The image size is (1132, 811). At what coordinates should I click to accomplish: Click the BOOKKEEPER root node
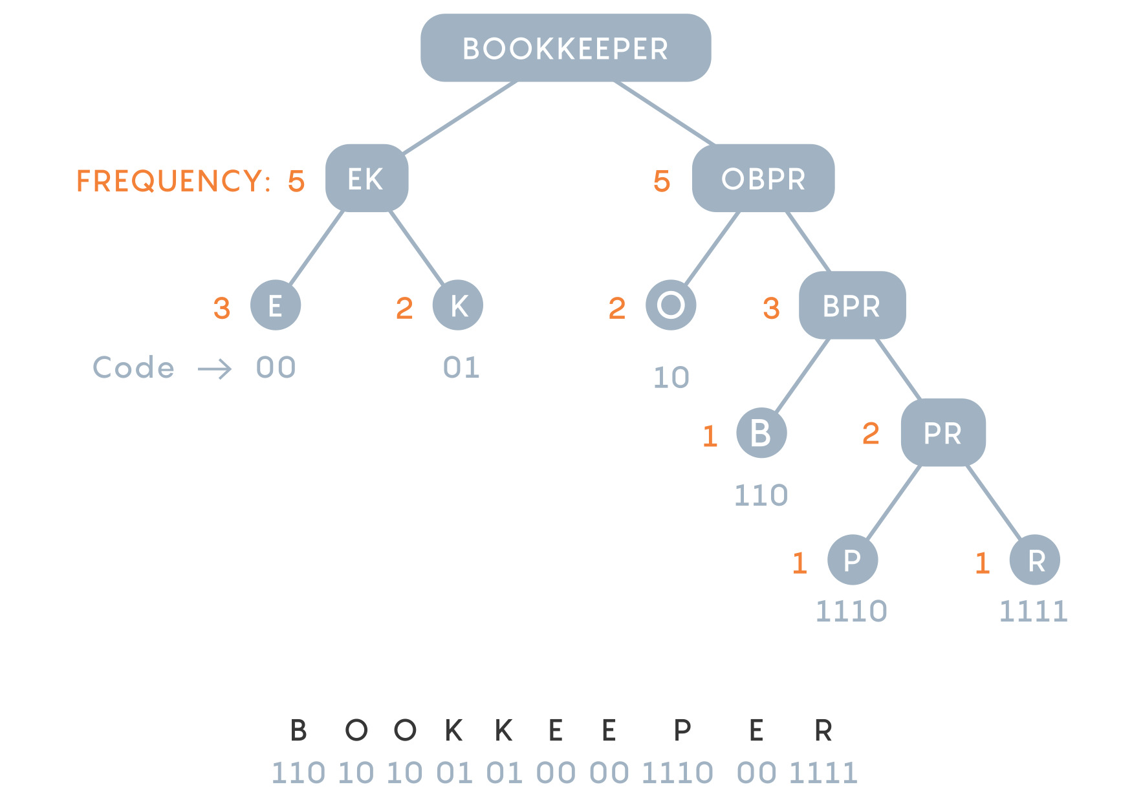(565, 48)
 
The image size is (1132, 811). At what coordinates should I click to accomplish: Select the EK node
(366, 178)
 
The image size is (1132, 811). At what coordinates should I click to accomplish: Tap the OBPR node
(763, 178)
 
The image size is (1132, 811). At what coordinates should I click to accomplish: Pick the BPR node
(852, 305)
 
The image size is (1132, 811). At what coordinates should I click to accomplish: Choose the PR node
(943, 432)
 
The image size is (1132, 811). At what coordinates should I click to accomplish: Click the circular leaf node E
(276, 305)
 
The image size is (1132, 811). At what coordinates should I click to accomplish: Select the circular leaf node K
(458, 305)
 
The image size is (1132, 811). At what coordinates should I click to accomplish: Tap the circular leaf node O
(671, 305)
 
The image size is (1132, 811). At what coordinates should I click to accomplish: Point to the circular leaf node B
(761, 433)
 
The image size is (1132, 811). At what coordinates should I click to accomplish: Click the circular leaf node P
(853, 560)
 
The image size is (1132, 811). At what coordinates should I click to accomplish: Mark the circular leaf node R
(1035, 560)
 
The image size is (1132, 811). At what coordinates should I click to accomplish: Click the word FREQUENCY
(169, 181)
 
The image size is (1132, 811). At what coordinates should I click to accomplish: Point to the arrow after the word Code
(215, 369)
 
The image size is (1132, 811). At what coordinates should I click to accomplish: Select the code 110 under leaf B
(761, 495)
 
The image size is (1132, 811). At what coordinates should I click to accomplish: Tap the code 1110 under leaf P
(851, 611)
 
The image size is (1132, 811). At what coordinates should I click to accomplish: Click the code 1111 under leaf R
(1033, 611)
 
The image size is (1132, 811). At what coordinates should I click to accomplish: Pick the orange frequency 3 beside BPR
(771, 308)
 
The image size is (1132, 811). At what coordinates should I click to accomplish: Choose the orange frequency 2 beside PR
(871, 433)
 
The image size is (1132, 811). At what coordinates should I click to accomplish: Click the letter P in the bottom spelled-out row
(682, 730)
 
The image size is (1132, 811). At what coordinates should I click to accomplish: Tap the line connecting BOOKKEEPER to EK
(460, 118)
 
